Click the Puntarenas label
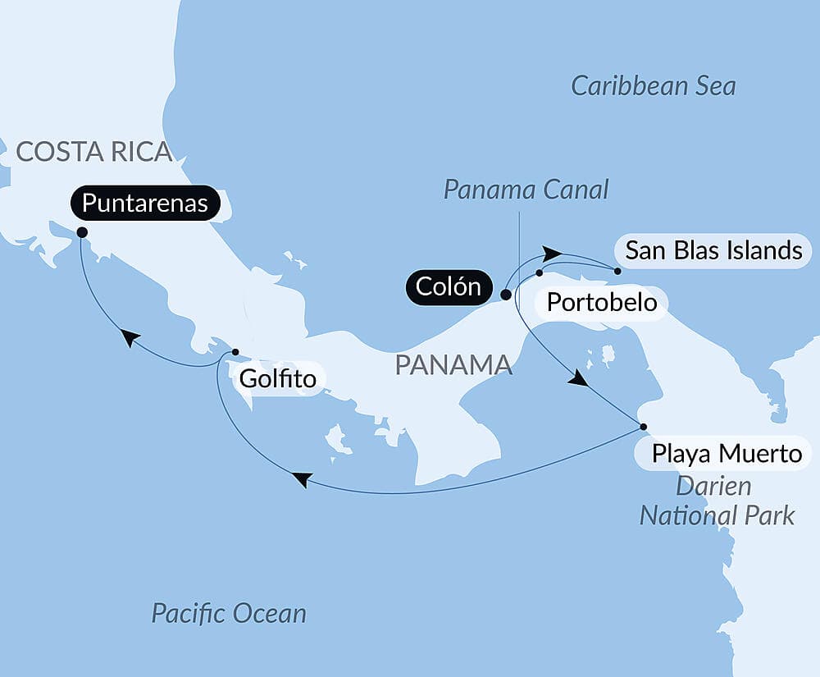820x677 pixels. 145,204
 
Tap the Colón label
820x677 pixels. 448,287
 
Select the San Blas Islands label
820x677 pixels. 713,250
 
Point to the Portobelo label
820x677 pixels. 602,303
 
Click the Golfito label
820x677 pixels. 279,380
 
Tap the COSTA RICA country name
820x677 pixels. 93,152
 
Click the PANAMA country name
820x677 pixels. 453,365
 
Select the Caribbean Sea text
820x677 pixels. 653,86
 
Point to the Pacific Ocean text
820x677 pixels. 229,613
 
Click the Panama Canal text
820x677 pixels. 526,190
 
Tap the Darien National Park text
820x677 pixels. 716,501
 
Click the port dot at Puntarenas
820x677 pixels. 82,232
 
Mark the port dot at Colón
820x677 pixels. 506,295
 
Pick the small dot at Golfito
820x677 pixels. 235,352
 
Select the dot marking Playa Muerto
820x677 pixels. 643,427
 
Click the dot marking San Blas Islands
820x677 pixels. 617,270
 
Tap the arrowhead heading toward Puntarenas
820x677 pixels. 129,337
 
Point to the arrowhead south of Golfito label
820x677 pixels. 302,479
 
